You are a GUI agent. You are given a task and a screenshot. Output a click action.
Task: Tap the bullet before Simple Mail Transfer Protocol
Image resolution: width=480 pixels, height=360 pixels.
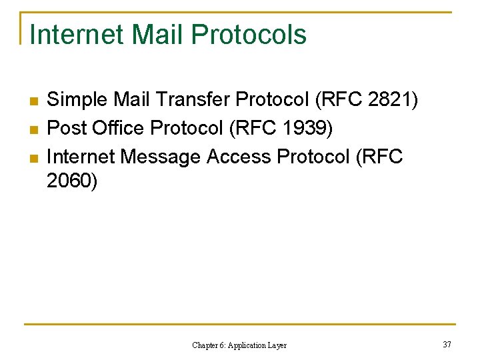[x=31, y=101]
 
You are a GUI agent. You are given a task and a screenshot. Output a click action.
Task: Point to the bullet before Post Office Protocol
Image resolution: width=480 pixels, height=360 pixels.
[x=31, y=129]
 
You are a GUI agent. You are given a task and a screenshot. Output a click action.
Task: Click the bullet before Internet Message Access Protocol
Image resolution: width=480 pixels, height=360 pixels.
[x=31, y=157]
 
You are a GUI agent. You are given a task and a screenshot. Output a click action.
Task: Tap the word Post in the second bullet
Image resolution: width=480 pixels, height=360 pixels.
[x=65, y=128]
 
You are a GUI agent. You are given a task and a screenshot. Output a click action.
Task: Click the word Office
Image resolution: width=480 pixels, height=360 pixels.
[x=114, y=128]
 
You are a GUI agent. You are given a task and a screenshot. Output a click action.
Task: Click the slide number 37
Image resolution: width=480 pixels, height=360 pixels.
[x=446, y=344]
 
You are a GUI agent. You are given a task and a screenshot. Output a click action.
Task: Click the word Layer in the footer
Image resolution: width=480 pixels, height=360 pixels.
[x=277, y=345]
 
